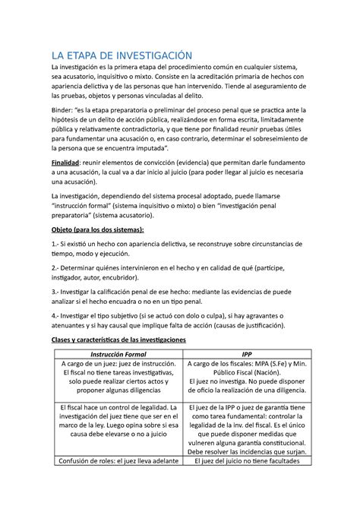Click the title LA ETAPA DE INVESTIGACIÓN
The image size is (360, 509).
(122, 55)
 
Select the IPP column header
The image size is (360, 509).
(247, 355)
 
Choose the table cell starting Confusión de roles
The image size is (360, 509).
(122, 480)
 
